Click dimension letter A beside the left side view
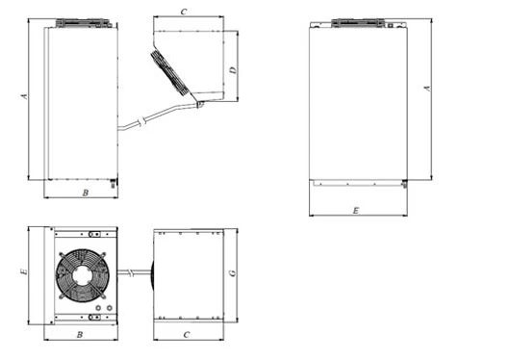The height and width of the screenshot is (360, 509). tap(24, 96)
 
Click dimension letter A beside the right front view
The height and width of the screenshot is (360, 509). tap(427, 89)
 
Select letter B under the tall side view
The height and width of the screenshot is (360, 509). tap(86, 193)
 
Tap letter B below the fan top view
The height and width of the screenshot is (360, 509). tap(80, 335)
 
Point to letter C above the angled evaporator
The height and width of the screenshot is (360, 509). tap(184, 12)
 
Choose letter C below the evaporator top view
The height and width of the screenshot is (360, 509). tap(187, 335)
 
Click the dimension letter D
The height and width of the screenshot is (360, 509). tap(233, 70)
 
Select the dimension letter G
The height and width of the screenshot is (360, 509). tap(233, 273)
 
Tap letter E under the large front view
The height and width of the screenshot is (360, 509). tap(356, 211)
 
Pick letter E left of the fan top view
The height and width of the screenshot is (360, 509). tap(24, 271)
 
